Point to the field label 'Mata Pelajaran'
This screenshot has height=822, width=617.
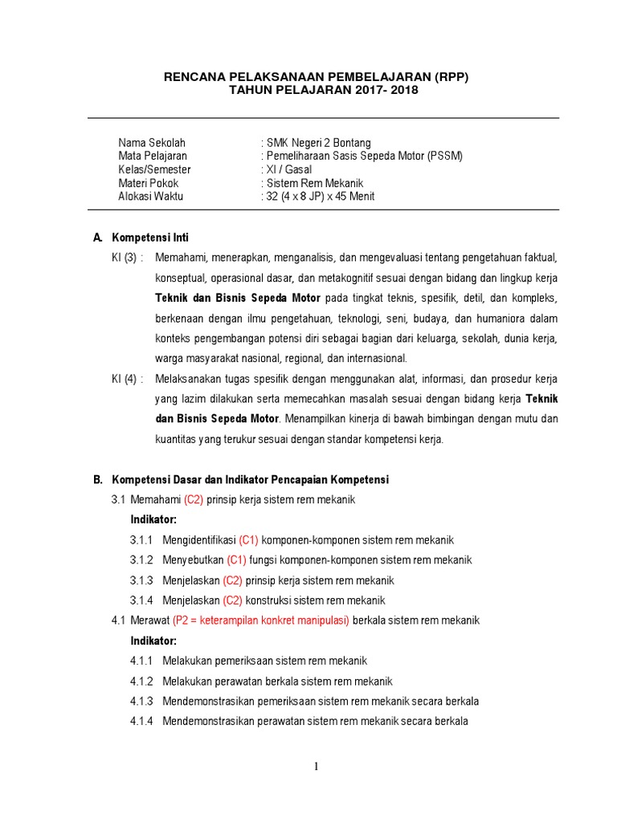153,156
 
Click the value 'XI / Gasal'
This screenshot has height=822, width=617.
289,169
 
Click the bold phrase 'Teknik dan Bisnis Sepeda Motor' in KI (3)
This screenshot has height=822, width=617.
238,298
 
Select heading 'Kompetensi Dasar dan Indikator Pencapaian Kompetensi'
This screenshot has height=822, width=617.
250,480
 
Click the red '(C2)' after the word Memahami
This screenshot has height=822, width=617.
194,499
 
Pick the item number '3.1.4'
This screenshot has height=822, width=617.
141,600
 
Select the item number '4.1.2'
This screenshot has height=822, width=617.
141,682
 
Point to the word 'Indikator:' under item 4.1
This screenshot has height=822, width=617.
153,641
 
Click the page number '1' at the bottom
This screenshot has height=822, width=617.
317,767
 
